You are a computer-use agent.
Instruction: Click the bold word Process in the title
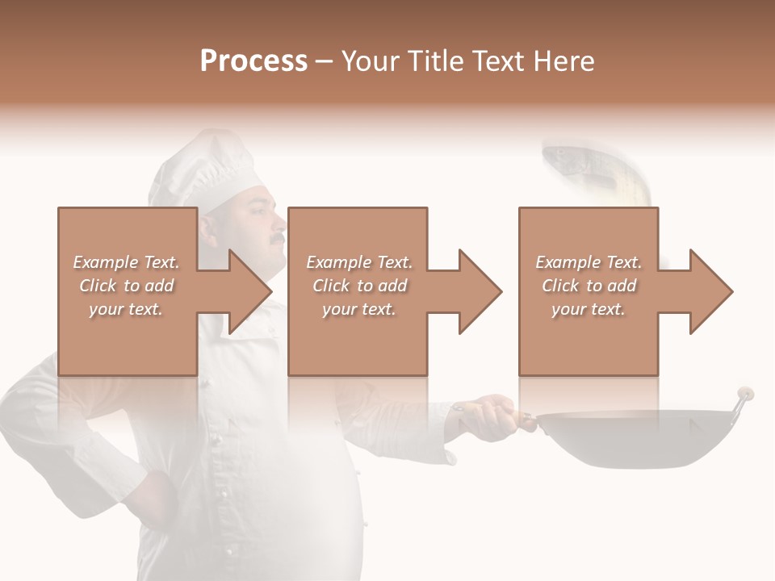(253, 61)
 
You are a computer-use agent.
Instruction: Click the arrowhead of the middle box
(479, 291)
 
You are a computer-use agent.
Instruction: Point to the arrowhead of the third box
(710, 291)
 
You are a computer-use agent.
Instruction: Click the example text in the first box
(127, 286)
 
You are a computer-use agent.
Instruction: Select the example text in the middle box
(359, 286)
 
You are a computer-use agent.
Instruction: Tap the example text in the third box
(589, 286)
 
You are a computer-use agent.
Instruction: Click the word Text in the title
(496, 61)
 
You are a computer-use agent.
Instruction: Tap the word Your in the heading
(371, 61)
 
